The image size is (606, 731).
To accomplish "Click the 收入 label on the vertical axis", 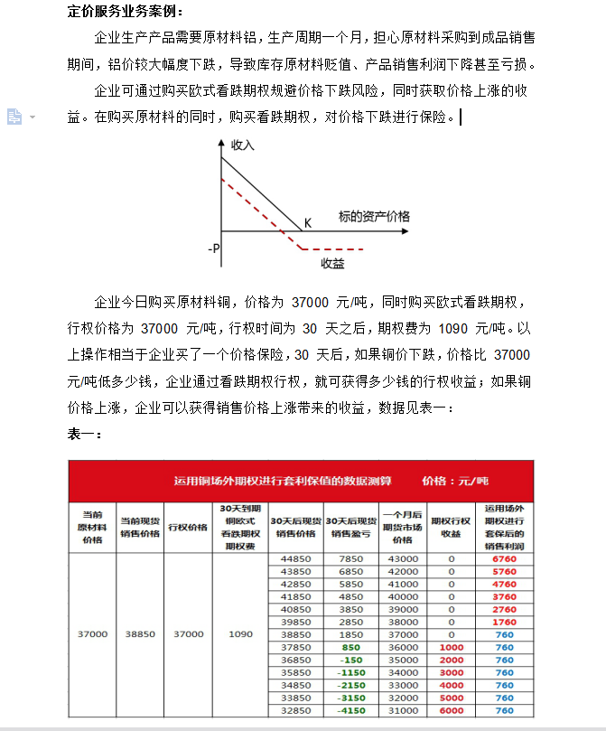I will (243, 145).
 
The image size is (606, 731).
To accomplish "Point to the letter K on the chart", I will (307, 223).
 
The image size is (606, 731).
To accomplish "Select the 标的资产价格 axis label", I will (374, 217).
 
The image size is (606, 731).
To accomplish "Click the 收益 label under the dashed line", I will (332, 263).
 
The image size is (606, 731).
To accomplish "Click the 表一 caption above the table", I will (86, 435).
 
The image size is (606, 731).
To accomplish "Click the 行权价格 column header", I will (188, 528).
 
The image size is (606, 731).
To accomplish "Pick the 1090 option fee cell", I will (240, 633).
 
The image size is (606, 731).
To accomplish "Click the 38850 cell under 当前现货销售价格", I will (140, 633).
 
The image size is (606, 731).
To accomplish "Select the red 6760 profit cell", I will (505, 559).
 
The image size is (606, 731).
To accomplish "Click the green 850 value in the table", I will (350, 647).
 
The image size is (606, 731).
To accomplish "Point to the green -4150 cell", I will (350, 710).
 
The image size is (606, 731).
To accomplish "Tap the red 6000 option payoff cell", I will (451, 710).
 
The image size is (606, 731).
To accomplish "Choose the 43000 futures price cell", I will (403, 559).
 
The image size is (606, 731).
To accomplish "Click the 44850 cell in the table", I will (296, 559).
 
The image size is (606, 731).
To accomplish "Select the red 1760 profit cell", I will (505, 622).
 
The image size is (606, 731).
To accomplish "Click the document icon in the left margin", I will (14, 116).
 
